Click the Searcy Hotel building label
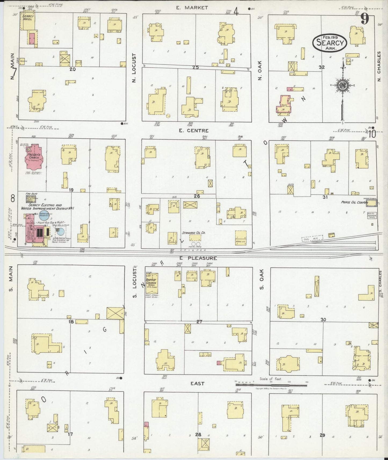tap(27, 18)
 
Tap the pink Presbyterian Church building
tap(34, 157)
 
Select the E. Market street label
tap(192, 8)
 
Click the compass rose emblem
tap(343, 85)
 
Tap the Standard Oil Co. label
tap(194, 233)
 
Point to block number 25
tap(195, 67)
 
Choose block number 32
tap(322, 67)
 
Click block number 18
tap(71, 322)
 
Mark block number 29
tap(322, 435)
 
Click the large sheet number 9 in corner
tap(364, 19)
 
